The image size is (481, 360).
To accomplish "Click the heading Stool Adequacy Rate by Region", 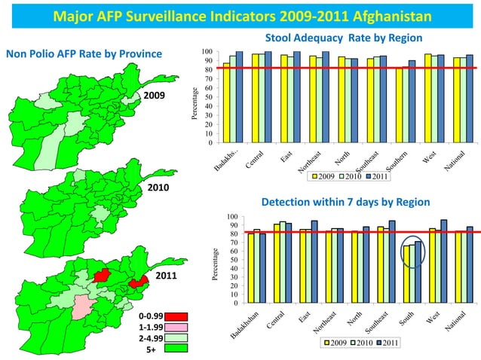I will (343, 38).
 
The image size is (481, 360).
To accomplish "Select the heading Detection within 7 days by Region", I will (345, 203).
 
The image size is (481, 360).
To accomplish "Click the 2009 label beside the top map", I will (155, 96).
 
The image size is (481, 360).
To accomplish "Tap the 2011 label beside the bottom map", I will (165, 276).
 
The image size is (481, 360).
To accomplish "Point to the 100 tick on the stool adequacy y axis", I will (207, 52).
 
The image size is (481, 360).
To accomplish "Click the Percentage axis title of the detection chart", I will (216, 265).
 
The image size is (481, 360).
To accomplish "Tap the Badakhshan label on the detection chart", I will (244, 325).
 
